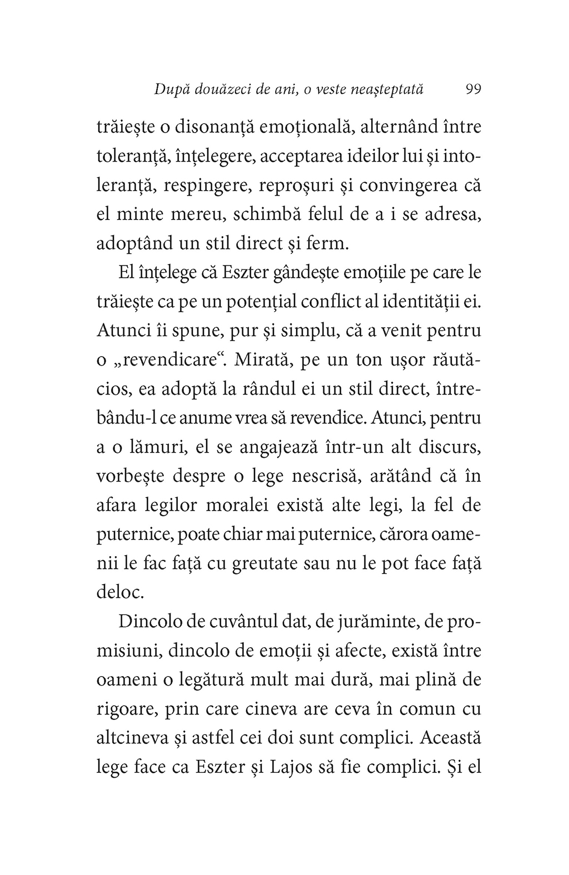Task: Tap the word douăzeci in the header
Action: pyautogui.click(x=216, y=89)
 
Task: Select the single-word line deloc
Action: pyautogui.click(x=121, y=592)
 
